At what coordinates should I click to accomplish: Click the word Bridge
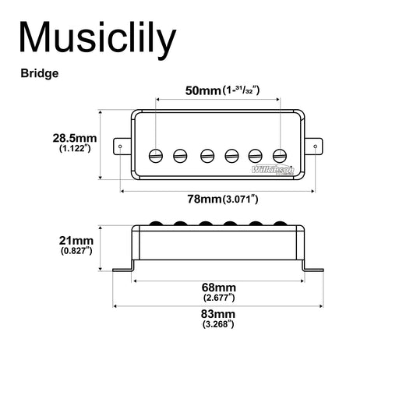(x=41, y=75)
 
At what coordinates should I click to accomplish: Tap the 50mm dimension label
(x=203, y=91)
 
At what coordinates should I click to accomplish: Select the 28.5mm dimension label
(x=75, y=139)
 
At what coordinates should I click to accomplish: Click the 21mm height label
(x=76, y=240)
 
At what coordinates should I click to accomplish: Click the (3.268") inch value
(x=218, y=324)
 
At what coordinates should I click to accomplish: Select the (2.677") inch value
(x=218, y=297)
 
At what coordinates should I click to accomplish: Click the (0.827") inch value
(x=76, y=251)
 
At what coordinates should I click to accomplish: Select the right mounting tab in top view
(x=315, y=146)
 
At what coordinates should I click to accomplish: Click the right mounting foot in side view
(x=313, y=270)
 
